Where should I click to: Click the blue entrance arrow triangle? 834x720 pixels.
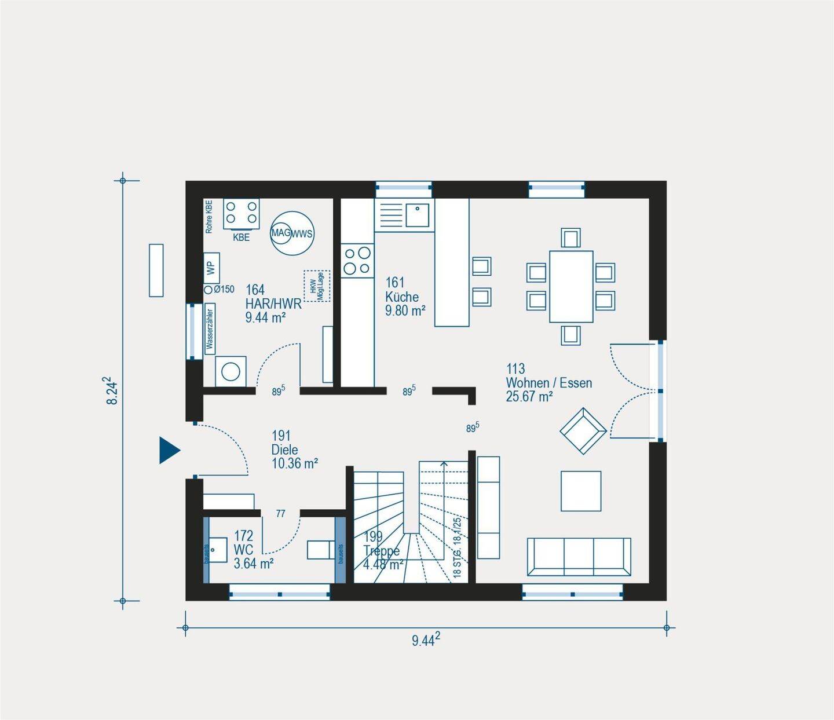point(169,450)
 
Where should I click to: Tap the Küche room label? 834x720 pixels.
point(401,297)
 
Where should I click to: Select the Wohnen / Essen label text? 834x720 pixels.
point(548,383)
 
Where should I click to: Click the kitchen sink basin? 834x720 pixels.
point(417,215)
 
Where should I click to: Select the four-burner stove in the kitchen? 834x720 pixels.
point(357,260)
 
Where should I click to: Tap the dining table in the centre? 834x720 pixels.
point(571,286)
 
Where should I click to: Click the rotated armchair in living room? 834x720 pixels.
point(583,431)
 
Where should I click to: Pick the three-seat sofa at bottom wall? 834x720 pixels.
point(579,557)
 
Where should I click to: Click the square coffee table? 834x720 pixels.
point(580,491)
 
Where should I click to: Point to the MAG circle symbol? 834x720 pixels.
point(281,233)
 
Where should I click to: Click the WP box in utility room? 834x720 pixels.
point(211,268)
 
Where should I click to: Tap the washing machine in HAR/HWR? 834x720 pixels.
point(231,371)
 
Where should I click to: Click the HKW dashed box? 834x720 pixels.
point(317,286)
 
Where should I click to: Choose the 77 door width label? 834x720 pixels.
point(280,514)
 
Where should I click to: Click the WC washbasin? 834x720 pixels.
point(218,550)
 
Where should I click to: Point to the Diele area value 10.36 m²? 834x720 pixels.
point(294,463)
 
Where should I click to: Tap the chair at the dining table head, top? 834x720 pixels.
point(570,238)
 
